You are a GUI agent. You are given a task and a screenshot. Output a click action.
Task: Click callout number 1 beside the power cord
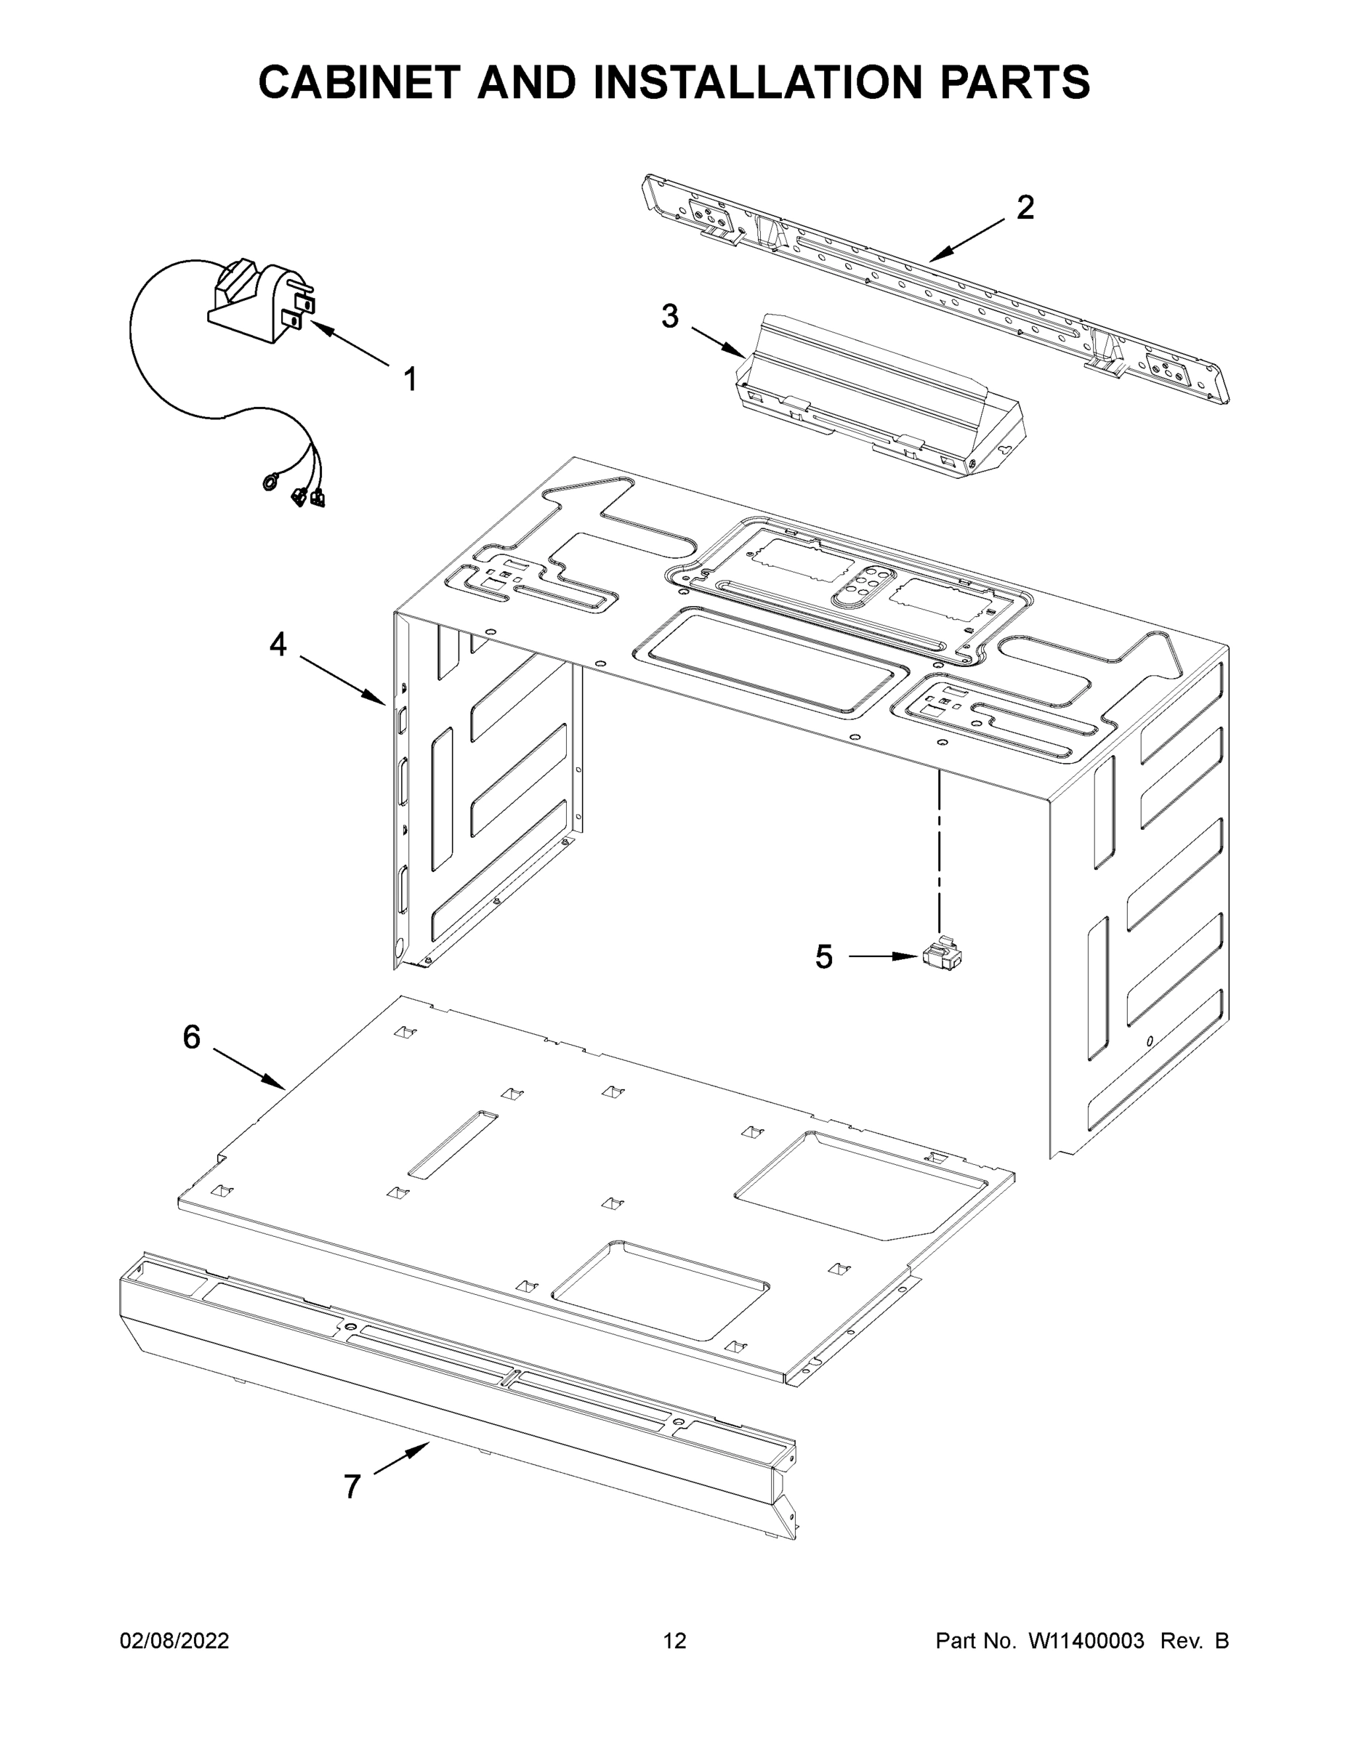[x=410, y=379]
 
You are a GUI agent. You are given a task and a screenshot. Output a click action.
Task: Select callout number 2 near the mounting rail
[x=1025, y=209]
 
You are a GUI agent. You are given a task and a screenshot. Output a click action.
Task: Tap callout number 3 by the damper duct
[x=670, y=317]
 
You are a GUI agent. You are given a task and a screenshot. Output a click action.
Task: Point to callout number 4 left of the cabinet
[x=278, y=644]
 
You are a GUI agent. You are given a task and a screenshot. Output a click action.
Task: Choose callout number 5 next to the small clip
[x=824, y=956]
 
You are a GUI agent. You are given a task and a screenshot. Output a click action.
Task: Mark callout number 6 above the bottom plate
[x=192, y=1037]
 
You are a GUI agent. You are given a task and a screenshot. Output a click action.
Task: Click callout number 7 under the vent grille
[x=352, y=1487]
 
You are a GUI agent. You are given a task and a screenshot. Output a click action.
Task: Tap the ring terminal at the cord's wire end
[x=270, y=482]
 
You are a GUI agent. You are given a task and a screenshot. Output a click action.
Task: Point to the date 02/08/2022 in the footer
[x=174, y=1640]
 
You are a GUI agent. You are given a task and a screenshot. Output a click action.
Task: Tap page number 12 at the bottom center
[x=675, y=1640]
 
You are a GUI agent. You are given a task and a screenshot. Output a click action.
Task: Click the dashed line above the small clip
[x=941, y=847]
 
